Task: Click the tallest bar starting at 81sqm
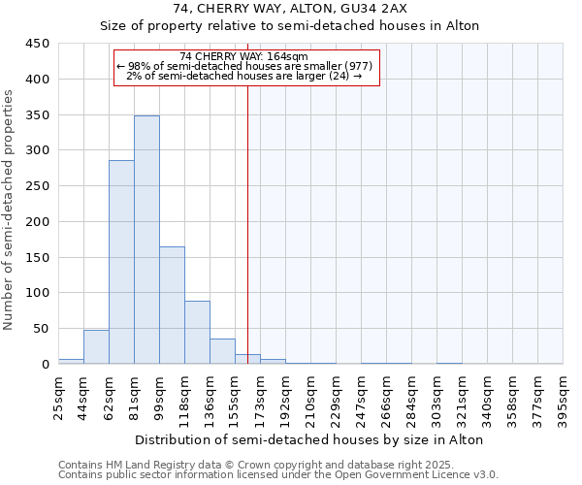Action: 146,240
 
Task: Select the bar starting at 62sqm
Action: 121,262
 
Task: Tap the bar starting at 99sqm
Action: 172,305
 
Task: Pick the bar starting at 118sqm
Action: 197,332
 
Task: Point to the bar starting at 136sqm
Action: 222,351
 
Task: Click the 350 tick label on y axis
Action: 37,115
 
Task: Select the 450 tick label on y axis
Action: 37,44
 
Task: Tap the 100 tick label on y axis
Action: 37,293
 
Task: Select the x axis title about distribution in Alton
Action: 310,439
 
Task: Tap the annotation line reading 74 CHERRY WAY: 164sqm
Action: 243,56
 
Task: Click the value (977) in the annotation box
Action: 353,66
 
